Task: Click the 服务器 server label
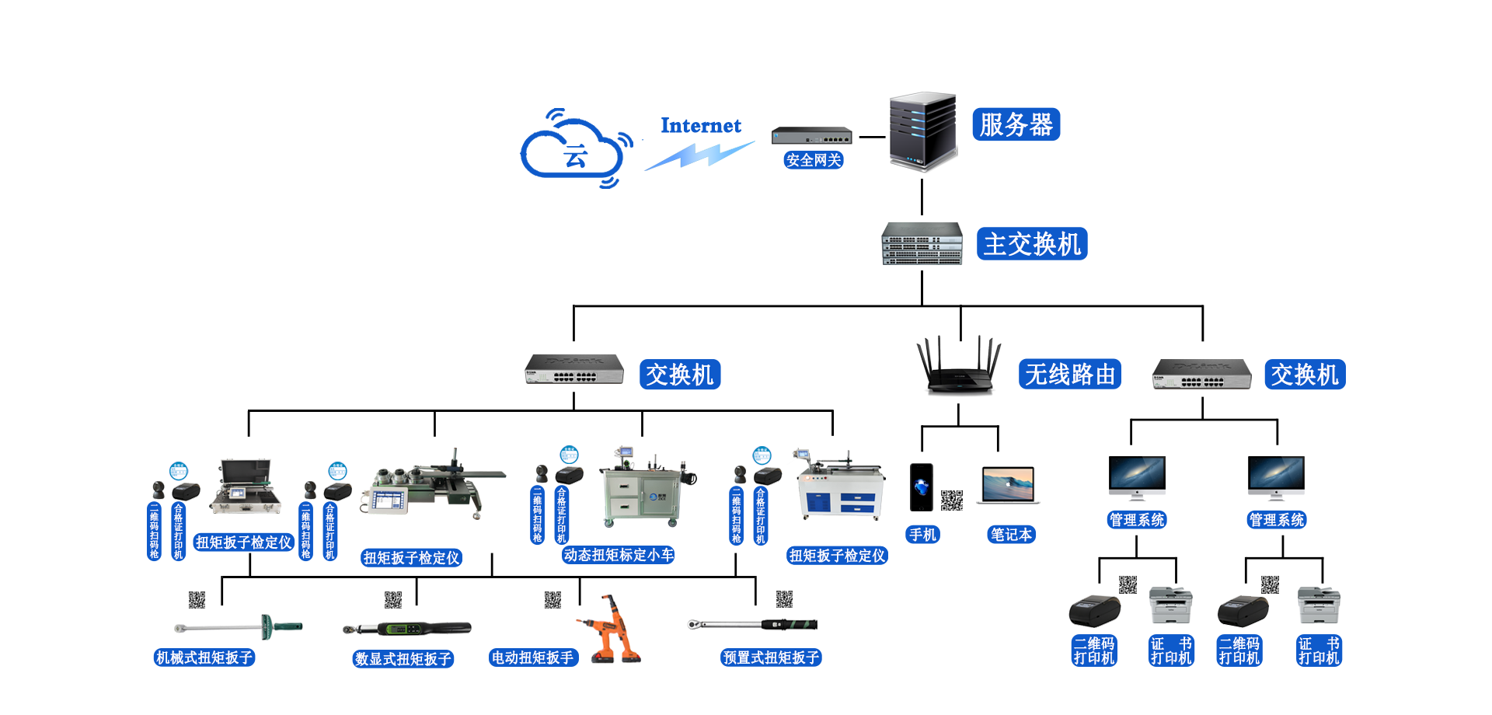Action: tap(1016, 124)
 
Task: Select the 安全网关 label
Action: tap(813, 160)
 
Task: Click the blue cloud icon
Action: tap(576, 148)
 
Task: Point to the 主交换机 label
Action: tap(1032, 244)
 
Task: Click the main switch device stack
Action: tap(922, 244)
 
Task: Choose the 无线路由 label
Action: tap(1070, 375)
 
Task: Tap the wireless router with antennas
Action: tap(957, 365)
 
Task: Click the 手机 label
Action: tap(923, 535)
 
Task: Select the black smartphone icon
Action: tap(922, 487)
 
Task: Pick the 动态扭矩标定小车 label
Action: tap(619, 555)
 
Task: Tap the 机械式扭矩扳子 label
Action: tap(204, 657)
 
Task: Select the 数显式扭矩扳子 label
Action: tap(403, 659)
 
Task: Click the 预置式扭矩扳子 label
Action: tap(771, 657)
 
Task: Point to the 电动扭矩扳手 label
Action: tap(532, 657)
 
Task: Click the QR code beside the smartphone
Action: tap(952, 500)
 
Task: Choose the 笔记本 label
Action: tap(1011, 535)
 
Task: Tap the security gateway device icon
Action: tap(812, 136)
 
